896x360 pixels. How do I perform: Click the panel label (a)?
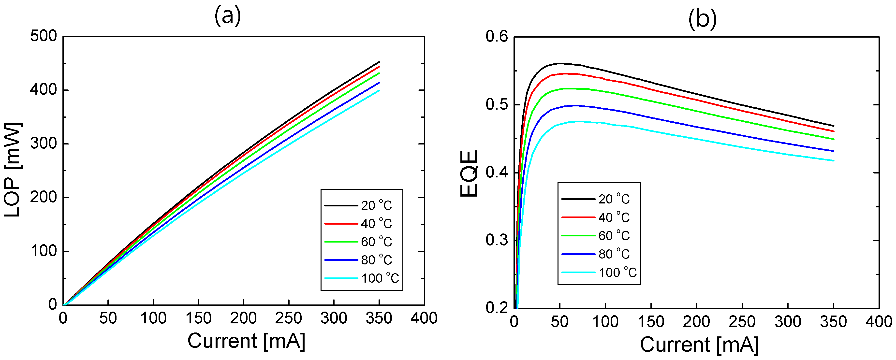[x=227, y=16]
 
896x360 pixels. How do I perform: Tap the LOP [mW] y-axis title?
[x=13, y=170]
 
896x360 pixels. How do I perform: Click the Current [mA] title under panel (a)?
[x=246, y=341]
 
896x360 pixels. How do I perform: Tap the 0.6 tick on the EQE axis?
[x=497, y=37]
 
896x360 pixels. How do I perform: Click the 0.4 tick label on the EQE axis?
[x=497, y=173]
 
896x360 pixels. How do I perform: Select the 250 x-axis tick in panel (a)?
[x=288, y=318]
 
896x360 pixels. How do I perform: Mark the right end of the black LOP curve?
[x=379, y=62]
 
